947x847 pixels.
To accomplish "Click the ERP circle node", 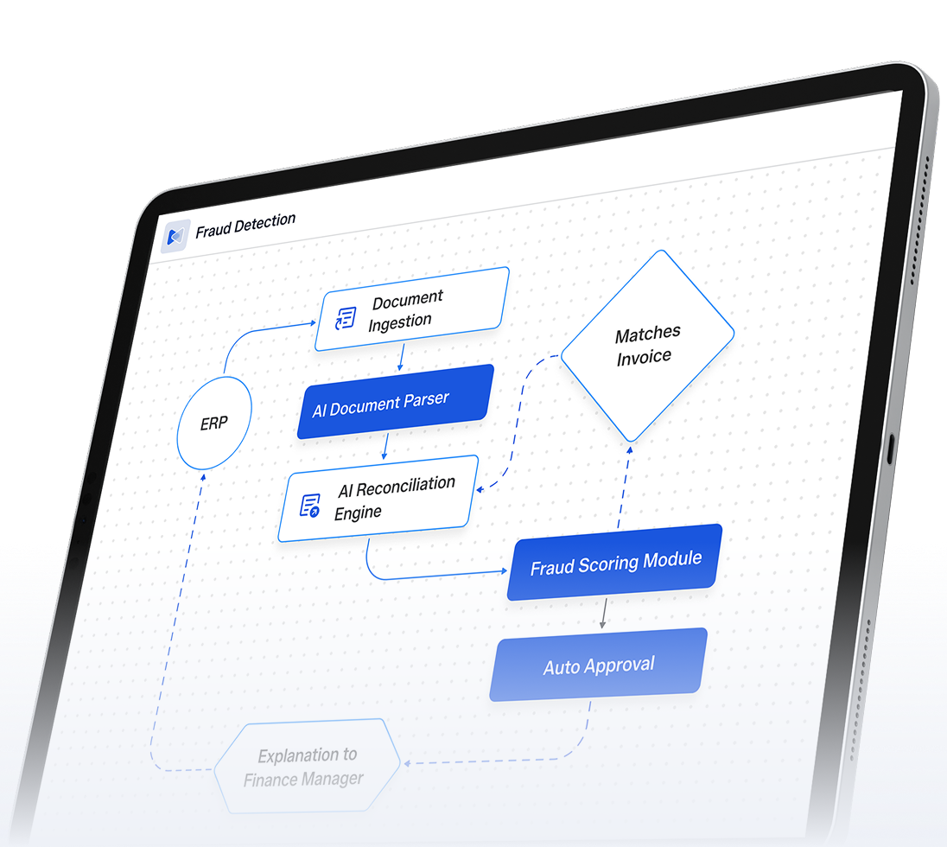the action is pyautogui.click(x=213, y=423).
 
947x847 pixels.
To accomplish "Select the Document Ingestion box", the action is pyautogui.click(x=411, y=309).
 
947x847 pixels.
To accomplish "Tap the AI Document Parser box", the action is pyautogui.click(x=395, y=402).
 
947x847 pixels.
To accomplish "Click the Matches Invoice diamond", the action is pyautogui.click(x=647, y=346).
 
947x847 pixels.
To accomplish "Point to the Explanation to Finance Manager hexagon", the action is pyautogui.click(x=307, y=767).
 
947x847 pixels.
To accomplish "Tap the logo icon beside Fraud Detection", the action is pyautogui.click(x=175, y=236).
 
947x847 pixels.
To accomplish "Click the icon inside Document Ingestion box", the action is pyautogui.click(x=346, y=318).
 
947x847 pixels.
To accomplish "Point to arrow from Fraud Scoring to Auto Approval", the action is pyautogui.click(x=603, y=613).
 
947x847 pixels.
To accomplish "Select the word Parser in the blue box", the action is pyautogui.click(x=426, y=400).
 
